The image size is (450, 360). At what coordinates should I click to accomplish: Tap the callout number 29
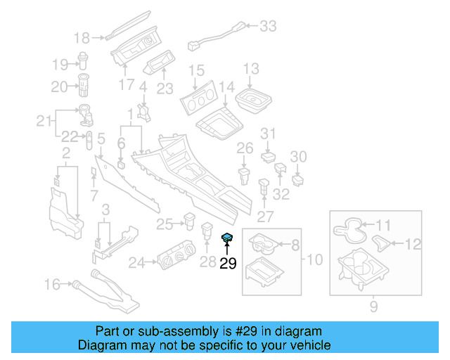228,264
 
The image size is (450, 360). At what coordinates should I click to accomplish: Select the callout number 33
268,27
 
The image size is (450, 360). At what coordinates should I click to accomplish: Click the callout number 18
82,37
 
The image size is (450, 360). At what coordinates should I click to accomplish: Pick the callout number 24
136,264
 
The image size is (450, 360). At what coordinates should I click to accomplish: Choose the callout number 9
373,307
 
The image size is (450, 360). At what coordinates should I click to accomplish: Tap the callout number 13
251,69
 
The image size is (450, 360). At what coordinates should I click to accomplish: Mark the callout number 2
65,153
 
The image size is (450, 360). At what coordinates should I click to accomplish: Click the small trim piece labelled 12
384,243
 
